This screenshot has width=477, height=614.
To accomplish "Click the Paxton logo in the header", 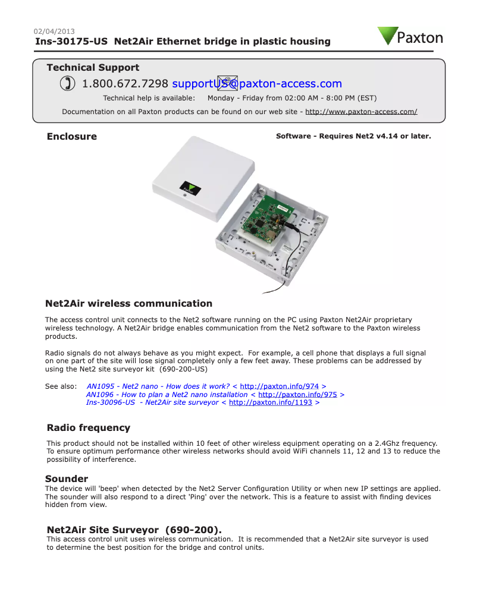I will pos(410,37).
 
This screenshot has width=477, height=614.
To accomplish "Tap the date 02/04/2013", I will pos(54,32).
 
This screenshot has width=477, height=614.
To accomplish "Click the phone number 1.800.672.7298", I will pos(125,84).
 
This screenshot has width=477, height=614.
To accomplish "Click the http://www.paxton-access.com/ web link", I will pos(361,112).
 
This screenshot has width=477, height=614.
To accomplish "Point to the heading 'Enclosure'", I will pos(71,137).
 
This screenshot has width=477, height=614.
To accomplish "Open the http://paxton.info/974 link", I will pos(280,386).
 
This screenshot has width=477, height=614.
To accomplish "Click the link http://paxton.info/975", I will pos(297,395).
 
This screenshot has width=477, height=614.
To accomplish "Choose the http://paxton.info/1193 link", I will pos(270,403).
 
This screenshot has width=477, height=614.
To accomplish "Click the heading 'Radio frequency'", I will pos(88,428).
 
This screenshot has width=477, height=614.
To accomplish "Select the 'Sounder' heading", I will pos(67,479).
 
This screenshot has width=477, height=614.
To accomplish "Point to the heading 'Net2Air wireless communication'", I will pos(128,304).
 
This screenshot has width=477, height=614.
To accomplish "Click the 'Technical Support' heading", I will pos(93,68).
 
